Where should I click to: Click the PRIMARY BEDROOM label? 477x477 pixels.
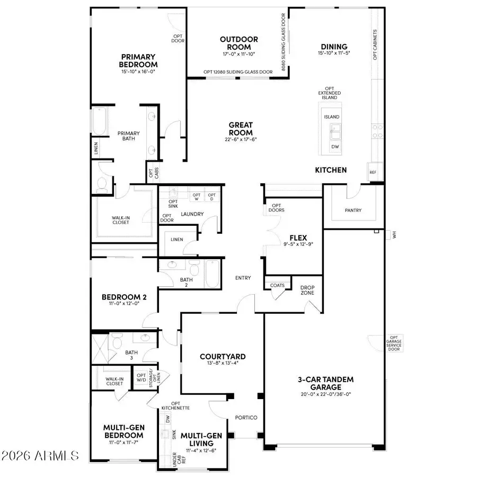(x=137, y=60)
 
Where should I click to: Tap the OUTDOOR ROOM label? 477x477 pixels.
(x=239, y=43)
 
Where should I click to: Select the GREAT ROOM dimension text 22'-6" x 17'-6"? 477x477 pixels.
(x=241, y=139)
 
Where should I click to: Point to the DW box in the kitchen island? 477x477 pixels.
(x=335, y=147)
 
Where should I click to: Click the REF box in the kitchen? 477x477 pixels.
(x=373, y=173)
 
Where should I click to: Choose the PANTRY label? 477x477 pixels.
(x=353, y=210)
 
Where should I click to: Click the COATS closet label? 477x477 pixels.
(x=277, y=285)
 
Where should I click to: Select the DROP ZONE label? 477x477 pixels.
(x=307, y=290)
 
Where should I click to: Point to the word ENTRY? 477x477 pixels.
(x=243, y=278)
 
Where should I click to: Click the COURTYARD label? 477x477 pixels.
(x=223, y=357)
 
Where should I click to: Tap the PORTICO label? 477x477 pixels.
(x=246, y=418)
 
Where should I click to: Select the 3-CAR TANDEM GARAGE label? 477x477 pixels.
(x=325, y=383)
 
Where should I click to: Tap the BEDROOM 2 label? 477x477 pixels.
(x=123, y=297)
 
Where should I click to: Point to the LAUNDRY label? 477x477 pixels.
(x=192, y=214)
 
